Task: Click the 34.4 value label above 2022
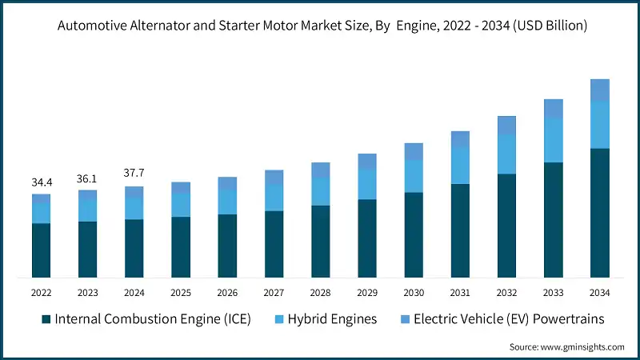click(x=42, y=183)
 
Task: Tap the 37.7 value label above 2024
click(x=134, y=172)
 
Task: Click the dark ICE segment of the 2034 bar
click(x=599, y=213)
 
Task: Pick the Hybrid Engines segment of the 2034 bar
click(x=599, y=125)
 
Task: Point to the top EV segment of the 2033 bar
click(x=553, y=109)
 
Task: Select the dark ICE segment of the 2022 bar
click(x=42, y=250)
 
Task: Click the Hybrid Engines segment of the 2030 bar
click(x=414, y=176)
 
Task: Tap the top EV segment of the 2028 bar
click(x=321, y=170)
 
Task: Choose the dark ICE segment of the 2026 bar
click(x=227, y=246)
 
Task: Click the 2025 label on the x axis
click(x=181, y=293)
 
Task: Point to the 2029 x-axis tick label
click(x=367, y=293)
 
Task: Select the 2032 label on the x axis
click(x=506, y=293)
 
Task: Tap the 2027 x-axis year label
click(x=274, y=293)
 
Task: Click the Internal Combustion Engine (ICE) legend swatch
click(x=47, y=319)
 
